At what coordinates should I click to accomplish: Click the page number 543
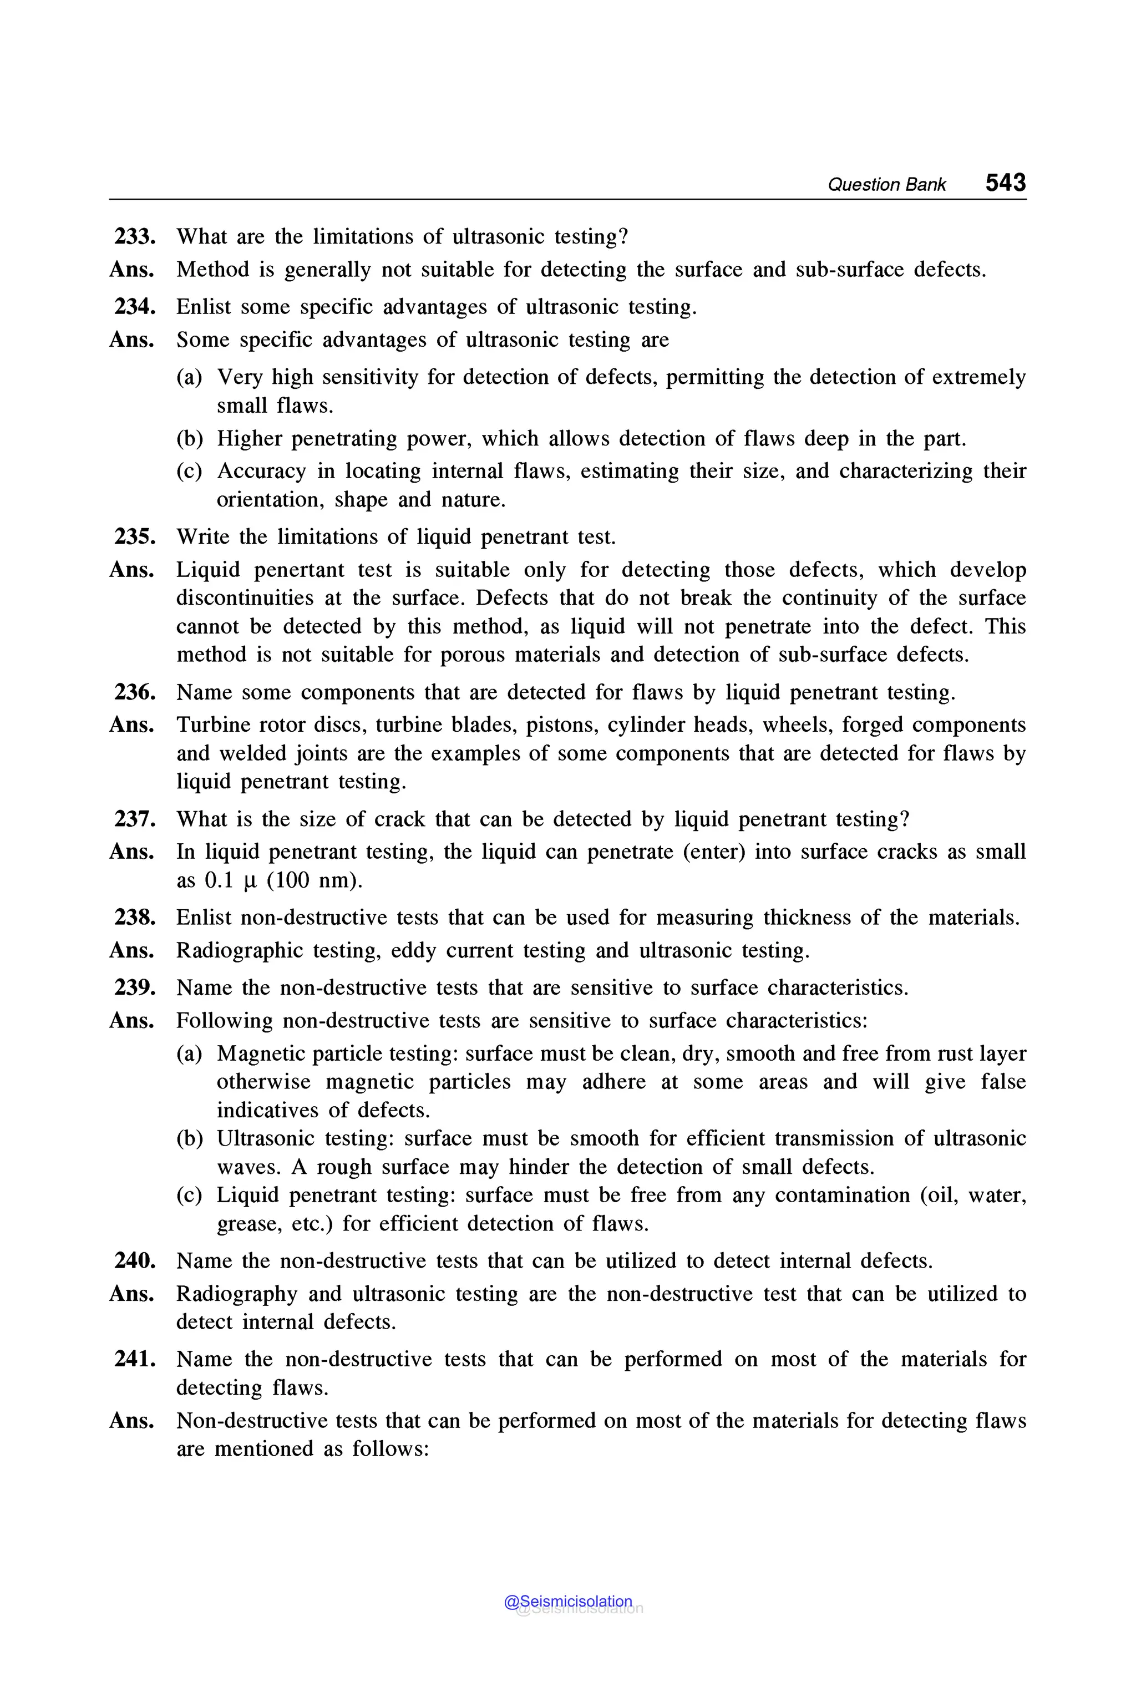tap(1005, 182)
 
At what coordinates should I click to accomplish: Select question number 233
tap(135, 236)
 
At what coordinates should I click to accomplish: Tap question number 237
tap(135, 819)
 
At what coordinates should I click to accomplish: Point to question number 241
tap(135, 1359)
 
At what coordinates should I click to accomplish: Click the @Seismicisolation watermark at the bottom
tap(568, 1602)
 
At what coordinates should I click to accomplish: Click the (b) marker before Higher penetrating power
tap(190, 439)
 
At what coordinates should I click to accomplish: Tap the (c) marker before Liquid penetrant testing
tap(190, 1195)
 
